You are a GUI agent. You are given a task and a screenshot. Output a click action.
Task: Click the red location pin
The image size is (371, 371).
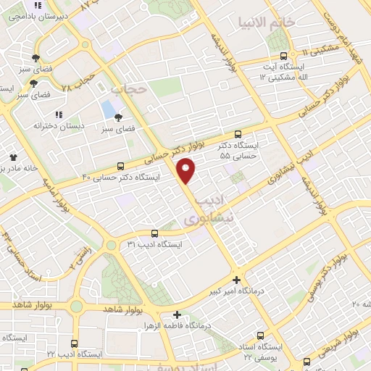coord(186,170)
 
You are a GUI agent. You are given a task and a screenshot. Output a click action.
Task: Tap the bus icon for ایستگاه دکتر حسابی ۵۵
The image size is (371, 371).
coord(238,134)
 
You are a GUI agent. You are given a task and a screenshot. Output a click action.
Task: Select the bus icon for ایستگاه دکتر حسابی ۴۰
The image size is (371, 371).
coord(120,165)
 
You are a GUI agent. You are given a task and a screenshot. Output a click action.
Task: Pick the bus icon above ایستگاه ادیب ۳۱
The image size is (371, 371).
coord(154,233)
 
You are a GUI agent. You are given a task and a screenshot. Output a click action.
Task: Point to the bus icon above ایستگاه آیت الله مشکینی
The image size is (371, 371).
coord(283,55)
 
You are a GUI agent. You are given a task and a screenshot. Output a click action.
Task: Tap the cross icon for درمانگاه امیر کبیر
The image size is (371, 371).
coord(236,280)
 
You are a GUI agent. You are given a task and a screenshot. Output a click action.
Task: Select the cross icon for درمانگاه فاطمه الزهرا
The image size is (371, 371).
coord(177,314)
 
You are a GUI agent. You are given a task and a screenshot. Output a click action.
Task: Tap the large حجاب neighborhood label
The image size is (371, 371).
coord(130,89)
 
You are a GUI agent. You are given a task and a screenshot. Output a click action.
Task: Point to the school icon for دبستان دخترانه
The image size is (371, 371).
coord(59,114)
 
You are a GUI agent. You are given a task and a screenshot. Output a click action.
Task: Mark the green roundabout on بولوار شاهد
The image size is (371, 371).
coord(76,307)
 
